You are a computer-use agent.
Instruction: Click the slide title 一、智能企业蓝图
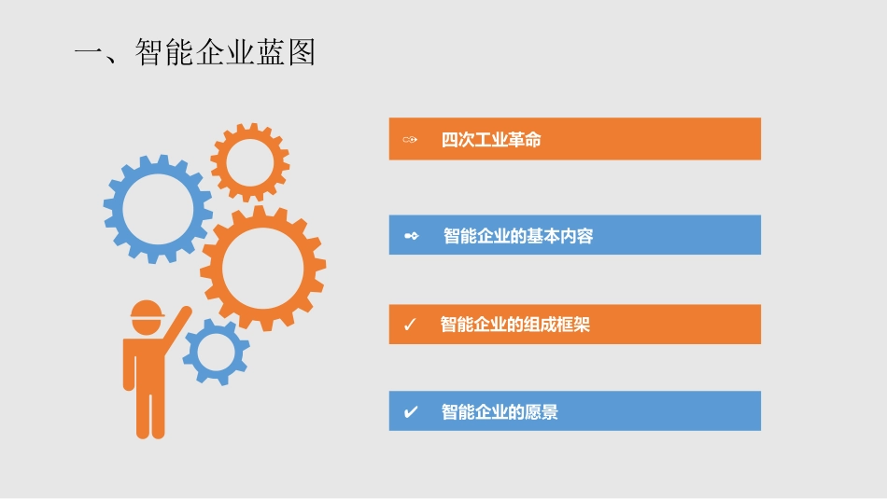195,51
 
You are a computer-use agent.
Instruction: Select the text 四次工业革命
491,140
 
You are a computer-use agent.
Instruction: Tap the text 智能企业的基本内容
518,236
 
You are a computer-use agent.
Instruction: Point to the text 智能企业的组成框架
514,325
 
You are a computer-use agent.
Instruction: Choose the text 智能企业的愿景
500,411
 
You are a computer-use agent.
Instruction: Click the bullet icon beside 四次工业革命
410,140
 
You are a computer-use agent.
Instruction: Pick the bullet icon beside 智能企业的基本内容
411,236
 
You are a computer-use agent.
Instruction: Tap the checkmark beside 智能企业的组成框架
409,325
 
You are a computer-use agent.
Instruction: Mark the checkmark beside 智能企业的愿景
410,411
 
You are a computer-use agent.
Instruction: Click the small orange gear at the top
249,162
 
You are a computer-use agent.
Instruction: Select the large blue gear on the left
158,208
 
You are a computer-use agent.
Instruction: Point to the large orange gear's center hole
262,268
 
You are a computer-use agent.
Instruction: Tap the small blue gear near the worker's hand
217,352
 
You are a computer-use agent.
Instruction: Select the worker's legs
149,410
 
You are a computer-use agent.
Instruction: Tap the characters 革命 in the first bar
525,140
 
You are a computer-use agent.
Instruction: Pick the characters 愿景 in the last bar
542,411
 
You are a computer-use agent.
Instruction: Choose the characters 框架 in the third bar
573,325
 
